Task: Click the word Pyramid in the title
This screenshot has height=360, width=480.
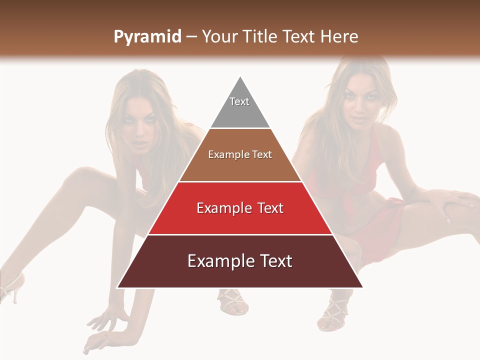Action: (x=147, y=37)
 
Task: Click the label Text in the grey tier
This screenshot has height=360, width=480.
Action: (x=239, y=101)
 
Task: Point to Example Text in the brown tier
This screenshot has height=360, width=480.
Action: (x=240, y=154)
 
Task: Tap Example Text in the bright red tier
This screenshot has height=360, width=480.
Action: (x=240, y=208)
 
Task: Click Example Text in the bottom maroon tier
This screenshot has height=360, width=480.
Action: (x=240, y=261)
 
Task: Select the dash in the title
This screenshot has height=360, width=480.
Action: (x=191, y=37)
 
